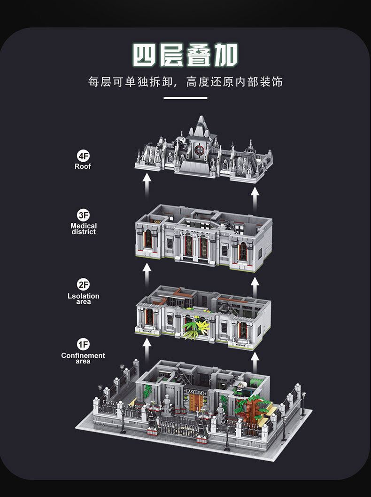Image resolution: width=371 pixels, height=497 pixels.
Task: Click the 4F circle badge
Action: tap(83, 156)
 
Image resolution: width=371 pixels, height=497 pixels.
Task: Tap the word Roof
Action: tap(83, 166)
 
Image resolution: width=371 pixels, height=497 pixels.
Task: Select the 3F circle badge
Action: tap(83, 215)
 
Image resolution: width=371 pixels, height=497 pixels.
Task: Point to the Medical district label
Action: tap(84, 229)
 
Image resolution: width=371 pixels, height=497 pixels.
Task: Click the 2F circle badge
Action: tap(83, 284)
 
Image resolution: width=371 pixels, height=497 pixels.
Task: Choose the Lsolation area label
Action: tap(83, 299)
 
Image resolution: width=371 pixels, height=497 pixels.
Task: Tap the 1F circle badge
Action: tap(83, 344)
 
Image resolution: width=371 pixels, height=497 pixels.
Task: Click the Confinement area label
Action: tap(83, 358)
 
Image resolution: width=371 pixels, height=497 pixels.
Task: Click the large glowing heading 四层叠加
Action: tap(185, 55)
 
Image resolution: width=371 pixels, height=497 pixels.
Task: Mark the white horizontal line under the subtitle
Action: tap(185, 98)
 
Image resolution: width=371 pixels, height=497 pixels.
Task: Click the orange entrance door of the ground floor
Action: tap(196, 402)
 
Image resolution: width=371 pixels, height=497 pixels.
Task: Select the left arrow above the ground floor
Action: tap(147, 350)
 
